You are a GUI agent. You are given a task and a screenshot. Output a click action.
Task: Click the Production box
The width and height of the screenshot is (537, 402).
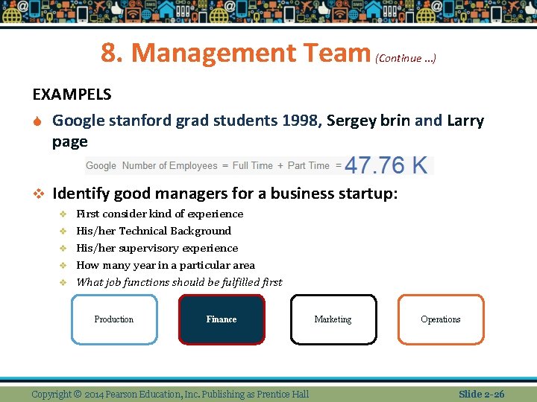click(x=114, y=319)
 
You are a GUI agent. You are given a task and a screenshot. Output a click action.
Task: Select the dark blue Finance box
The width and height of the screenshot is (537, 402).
click(x=222, y=319)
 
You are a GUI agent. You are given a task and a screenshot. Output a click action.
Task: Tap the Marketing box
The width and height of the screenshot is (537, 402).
click(x=333, y=319)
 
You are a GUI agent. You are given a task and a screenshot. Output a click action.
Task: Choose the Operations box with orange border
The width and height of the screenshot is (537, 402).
click(x=440, y=319)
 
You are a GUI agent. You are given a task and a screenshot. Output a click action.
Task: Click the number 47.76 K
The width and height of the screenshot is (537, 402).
click(x=386, y=165)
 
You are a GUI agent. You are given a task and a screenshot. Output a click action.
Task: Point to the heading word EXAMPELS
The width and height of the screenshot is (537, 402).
click(x=72, y=95)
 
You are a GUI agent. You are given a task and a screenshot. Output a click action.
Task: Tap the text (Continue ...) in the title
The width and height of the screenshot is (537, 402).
click(x=406, y=58)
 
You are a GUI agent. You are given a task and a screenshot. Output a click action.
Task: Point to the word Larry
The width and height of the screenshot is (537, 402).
click(x=465, y=121)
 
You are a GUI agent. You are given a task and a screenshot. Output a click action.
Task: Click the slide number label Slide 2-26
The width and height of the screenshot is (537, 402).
click(x=481, y=394)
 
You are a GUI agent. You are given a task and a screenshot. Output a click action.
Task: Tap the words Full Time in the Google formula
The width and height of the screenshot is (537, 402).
click(x=252, y=165)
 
